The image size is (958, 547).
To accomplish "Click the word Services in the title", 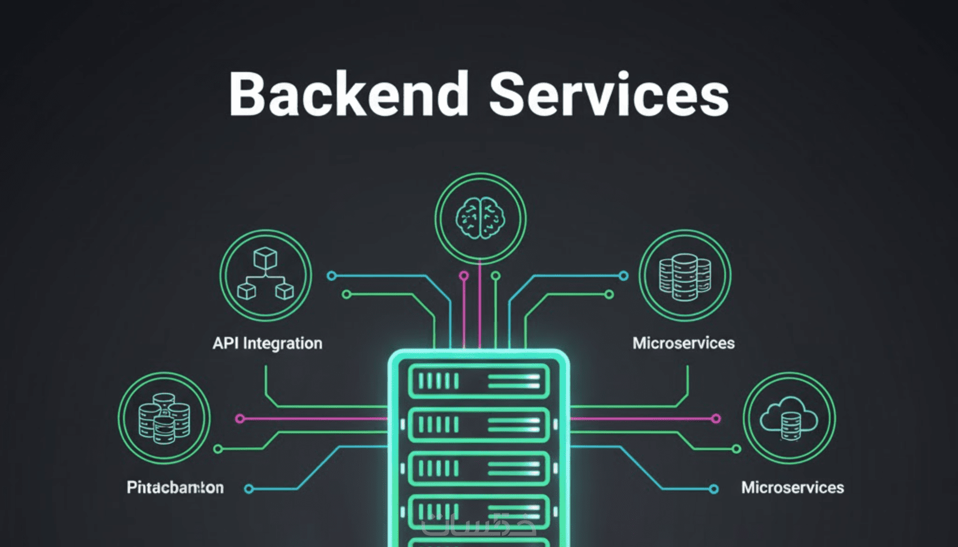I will (x=609, y=95).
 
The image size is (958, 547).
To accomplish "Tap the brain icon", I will (x=480, y=218).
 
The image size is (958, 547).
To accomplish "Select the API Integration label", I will (x=267, y=343).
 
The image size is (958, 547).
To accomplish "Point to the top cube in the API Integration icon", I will (x=265, y=258).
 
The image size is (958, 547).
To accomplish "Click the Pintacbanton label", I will (x=175, y=487).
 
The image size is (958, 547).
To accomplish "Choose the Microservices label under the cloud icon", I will (x=792, y=487).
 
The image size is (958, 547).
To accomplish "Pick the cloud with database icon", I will (x=789, y=418).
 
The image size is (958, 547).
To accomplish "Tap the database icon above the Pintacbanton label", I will (x=164, y=418).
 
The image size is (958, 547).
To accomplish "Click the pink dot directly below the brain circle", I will (x=464, y=276).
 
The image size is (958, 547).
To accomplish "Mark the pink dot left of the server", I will (x=240, y=418).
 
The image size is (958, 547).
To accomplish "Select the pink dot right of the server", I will (x=716, y=418).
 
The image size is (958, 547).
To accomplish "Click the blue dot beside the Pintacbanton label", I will (x=249, y=489).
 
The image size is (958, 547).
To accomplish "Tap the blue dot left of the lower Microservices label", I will (x=713, y=489).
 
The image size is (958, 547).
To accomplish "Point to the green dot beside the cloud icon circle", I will (x=736, y=449).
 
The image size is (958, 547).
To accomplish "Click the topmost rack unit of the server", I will (x=478, y=381).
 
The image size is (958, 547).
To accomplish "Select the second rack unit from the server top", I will (x=478, y=424).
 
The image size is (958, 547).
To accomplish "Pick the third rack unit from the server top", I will (x=478, y=468).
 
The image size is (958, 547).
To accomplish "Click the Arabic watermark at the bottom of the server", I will (x=478, y=524).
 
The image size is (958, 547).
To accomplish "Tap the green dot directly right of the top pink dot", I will (x=495, y=276).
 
